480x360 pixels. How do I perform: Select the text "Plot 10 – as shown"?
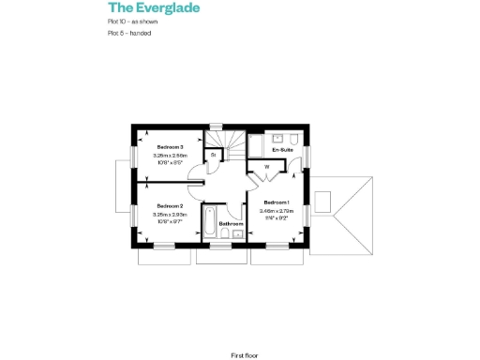pyautogui.click(x=132, y=21)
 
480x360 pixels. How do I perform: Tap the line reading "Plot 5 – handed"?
pyautogui.click(x=129, y=33)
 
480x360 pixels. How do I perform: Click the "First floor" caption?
pyautogui.click(x=244, y=355)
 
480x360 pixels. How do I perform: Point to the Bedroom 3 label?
pyautogui.click(x=170, y=147)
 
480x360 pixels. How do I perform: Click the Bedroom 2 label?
pyautogui.click(x=170, y=205)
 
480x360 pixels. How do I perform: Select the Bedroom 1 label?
pyautogui.click(x=277, y=202)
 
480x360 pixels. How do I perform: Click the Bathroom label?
pyautogui.click(x=232, y=224)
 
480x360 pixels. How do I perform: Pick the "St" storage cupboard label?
pyautogui.click(x=214, y=154)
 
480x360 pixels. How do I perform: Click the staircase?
pyautogui.click(x=232, y=146)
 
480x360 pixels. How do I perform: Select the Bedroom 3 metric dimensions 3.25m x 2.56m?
pyautogui.click(x=170, y=155)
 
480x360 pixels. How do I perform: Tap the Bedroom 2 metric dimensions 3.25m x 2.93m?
pyautogui.click(x=170, y=213)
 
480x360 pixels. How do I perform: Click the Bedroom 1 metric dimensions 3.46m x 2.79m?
pyautogui.click(x=277, y=211)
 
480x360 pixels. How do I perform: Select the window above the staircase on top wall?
pyautogui.click(x=215, y=127)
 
